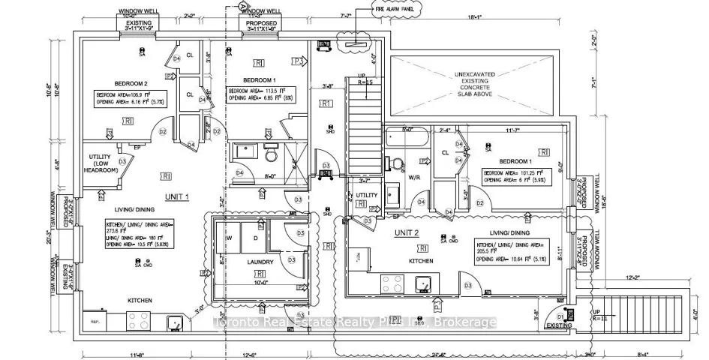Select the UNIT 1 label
tap(178, 196)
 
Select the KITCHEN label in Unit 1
tap(140, 300)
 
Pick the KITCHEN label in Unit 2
tap(421, 260)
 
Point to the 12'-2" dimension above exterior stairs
tap(632, 277)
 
